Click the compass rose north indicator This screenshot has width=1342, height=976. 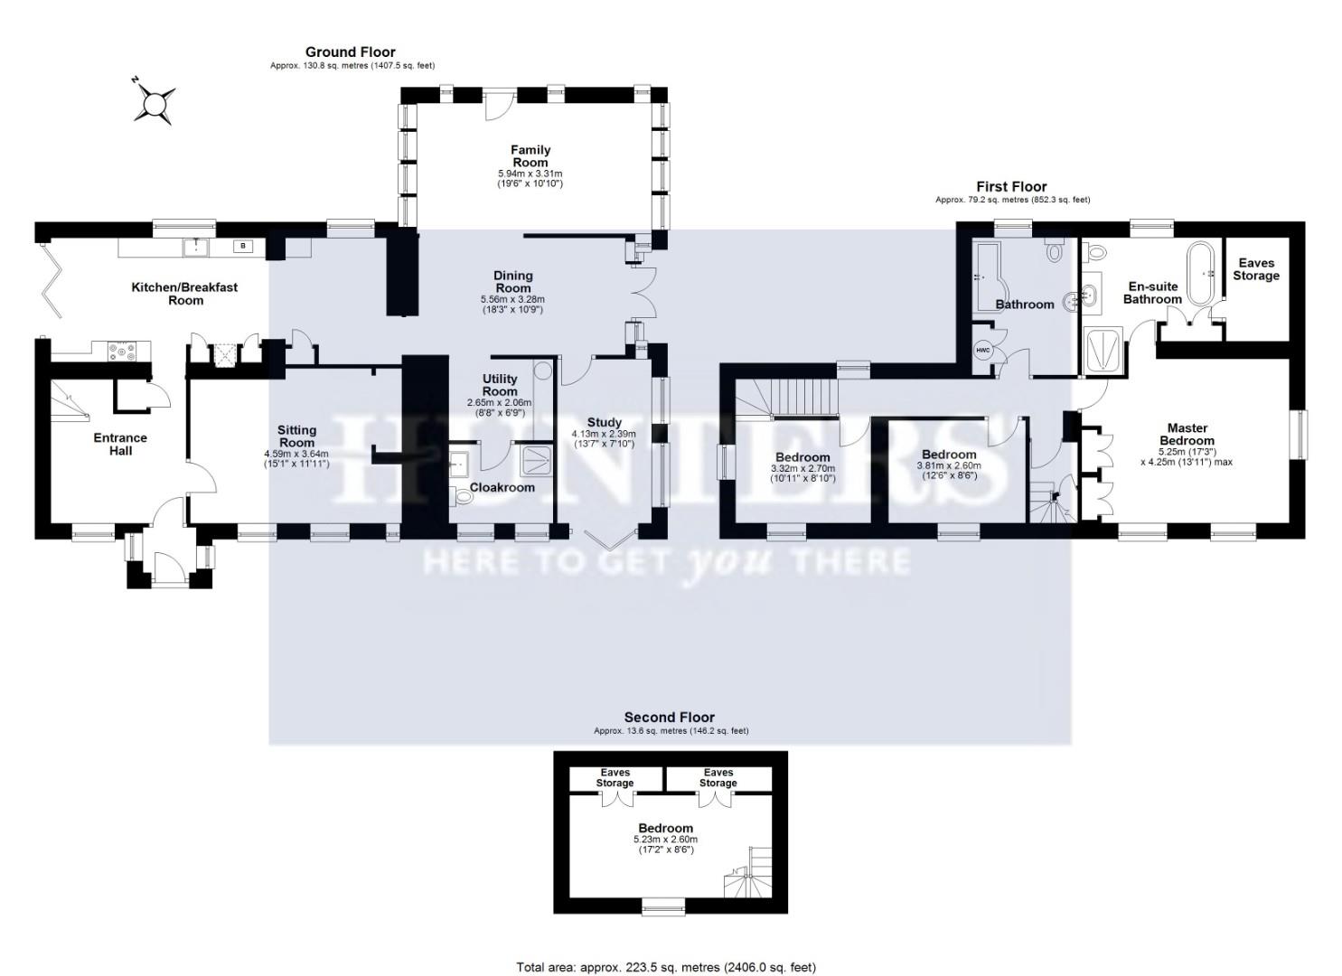pyautogui.click(x=154, y=102)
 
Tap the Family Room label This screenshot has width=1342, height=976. pyautogui.click(x=530, y=156)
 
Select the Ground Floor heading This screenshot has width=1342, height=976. pyautogui.click(x=350, y=52)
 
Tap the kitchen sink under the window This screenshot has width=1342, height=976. pyautogui.click(x=194, y=247)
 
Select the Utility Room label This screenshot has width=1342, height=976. pyautogui.click(x=500, y=385)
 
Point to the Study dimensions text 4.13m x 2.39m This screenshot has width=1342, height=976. pyautogui.click(x=604, y=434)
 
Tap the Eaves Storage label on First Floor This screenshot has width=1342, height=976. pyautogui.click(x=1255, y=269)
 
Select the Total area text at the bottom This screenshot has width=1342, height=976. pyautogui.click(x=665, y=967)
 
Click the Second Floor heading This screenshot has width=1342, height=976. pyautogui.click(x=670, y=718)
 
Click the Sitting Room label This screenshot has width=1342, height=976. pyautogui.click(x=296, y=436)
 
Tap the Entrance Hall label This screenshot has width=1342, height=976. pyautogui.click(x=120, y=444)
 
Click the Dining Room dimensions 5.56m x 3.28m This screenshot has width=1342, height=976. pyautogui.click(x=512, y=299)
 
